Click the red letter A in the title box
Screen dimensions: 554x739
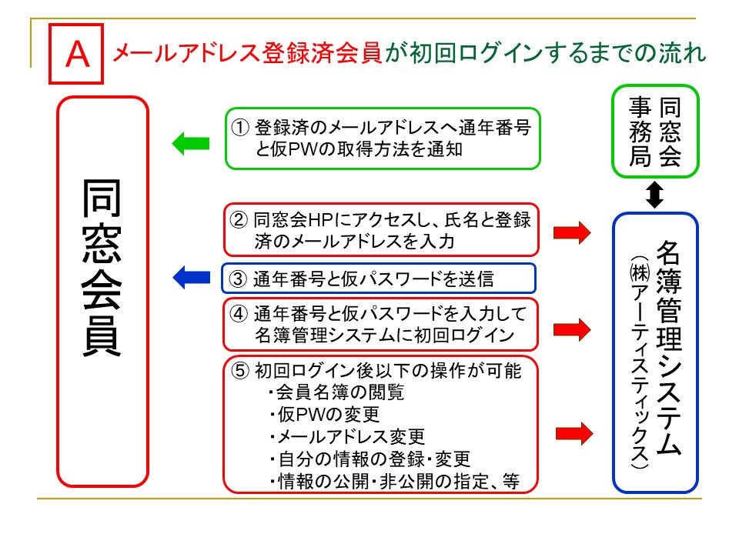75,55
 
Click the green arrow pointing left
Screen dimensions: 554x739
189,142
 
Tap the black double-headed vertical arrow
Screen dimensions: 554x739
654,193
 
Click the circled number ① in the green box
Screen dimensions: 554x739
241,126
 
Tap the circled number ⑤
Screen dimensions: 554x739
241,371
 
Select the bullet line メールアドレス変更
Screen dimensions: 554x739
346,437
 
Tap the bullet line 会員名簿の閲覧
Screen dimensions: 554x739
336,392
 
